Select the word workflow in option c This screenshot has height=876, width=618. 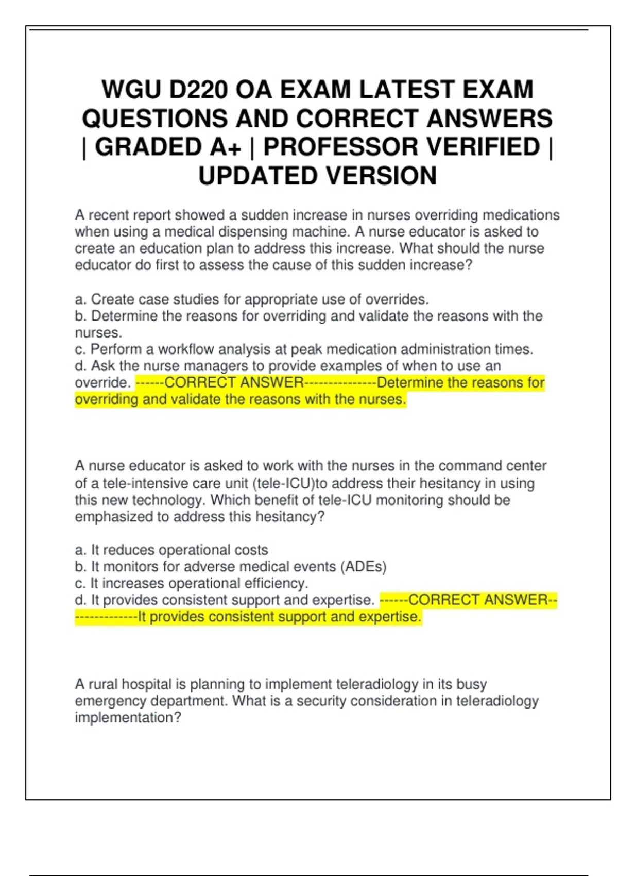click(186, 349)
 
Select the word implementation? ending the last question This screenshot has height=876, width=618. click(128, 718)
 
